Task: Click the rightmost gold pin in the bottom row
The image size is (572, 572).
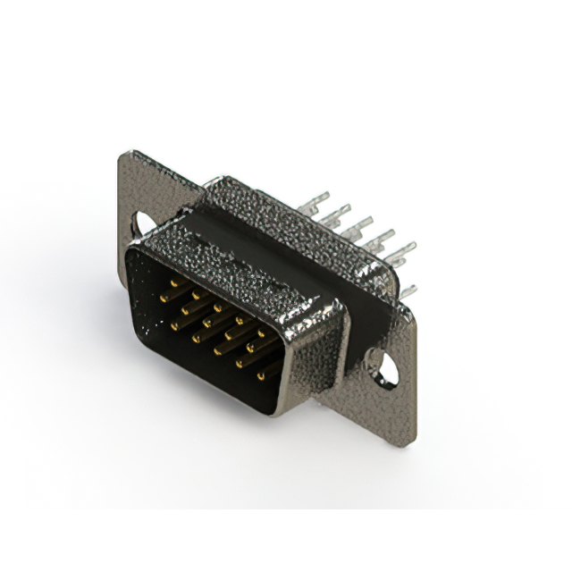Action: tap(262, 375)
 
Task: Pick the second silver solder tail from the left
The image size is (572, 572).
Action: tap(336, 213)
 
